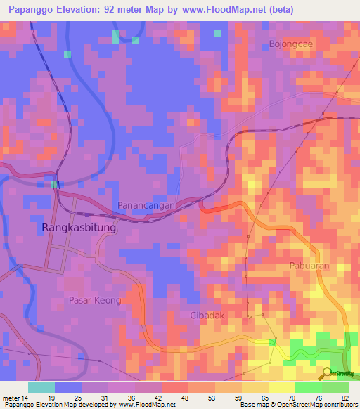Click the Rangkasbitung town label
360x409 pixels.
pos(79,228)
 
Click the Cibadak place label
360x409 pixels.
pos(207,316)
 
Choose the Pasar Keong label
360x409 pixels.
pos(95,300)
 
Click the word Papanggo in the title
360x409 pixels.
pos(32,10)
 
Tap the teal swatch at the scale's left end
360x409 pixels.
pos(41,387)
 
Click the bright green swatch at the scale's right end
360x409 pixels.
pos(335,387)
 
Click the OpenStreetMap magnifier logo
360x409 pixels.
pos(326,373)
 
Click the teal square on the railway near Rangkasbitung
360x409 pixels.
pos(54,185)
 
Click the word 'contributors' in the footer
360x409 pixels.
pos(339,405)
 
